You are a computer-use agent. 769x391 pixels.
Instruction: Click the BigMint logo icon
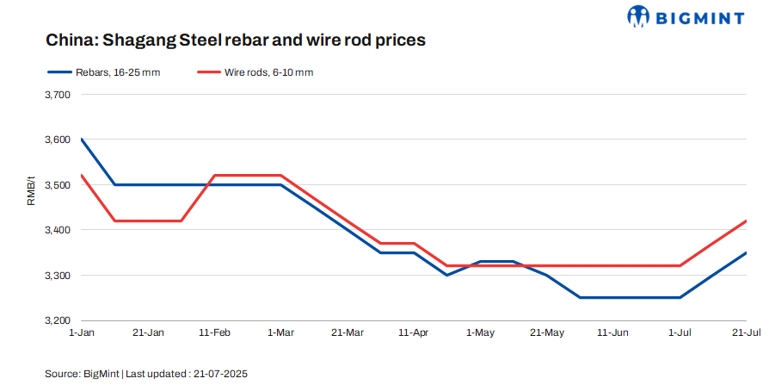pyautogui.click(x=639, y=16)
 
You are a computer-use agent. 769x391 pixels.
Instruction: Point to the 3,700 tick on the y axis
pyautogui.click(x=56, y=94)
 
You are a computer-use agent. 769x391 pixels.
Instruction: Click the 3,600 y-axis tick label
pyautogui.click(x=56, y=140)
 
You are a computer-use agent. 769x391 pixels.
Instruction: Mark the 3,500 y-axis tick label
pyautogui.click(x=56, y=184)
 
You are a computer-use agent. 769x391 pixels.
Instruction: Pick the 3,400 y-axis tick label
pyautogui.click(x=56, y=230)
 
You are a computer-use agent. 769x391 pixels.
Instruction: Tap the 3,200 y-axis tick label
pyautogui.click(x=56, y=320)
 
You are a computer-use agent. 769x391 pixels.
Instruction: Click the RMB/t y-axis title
pyautogui.click(x=32, y=191)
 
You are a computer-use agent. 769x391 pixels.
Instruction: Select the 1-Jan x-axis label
pyautogui.click(x=82, y=332)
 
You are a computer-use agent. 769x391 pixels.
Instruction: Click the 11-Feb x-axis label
pyautogui.click(x=214, y=332)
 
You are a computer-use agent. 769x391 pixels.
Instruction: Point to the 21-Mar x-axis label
pyautogui.click(x=347, y=332)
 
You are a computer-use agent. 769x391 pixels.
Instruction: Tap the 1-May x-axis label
pyautogui.click(x=480, y=332)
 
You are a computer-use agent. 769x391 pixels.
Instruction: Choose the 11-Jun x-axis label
pyautogui.click(x=612, y=332)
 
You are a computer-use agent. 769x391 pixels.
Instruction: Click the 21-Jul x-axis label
pyautogui.click(x=745, y=332)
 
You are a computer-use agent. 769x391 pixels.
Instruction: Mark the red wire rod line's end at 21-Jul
pyautogui.click(x=745, y=220)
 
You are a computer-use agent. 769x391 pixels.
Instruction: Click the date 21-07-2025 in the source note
pyautogui.click(x=221, y=375)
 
